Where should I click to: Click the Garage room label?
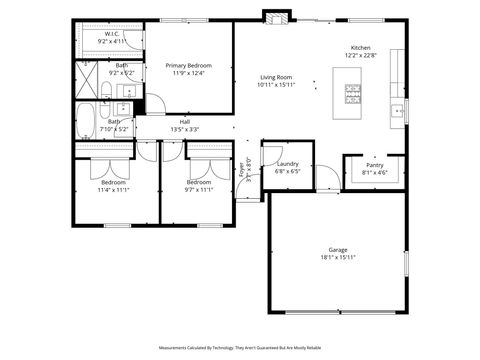tap(338, 249)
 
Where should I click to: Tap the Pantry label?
tap(374, 166)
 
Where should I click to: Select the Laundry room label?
tap(288, 164)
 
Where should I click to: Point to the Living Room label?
tap(276, 77)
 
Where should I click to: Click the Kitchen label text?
tap(360, 47)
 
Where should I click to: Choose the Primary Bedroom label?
tap(188, 65)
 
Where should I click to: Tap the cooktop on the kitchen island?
tap(353, 95)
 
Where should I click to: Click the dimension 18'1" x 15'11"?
tap(338, 257)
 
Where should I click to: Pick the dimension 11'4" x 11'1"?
tap(113, 190)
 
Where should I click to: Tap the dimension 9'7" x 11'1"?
tap(199, 190)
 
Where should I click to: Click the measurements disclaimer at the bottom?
tap(240, 348)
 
